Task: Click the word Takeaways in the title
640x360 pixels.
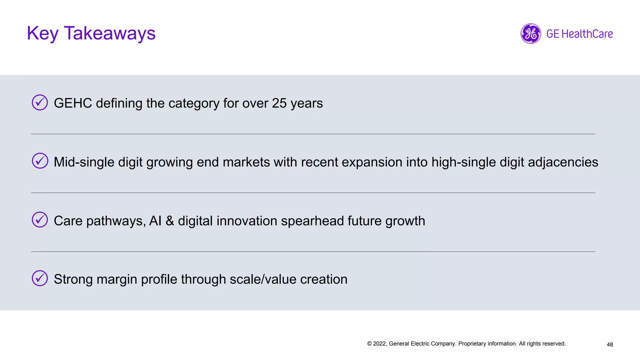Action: coord(109,33)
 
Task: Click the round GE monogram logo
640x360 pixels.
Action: coord(531,34)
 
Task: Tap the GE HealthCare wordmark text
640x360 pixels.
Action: coord(579,34)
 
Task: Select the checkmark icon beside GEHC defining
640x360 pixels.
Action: coord(40,102)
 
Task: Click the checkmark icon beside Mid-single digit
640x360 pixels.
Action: coord(40,161)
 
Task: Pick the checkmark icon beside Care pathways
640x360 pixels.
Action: coord(40,220)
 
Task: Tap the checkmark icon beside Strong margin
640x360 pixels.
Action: coord(40,278)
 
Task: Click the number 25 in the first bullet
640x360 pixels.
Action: coord(279,103)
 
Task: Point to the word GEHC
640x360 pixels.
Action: coord(73,103)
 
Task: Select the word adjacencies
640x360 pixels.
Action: coord(563,162)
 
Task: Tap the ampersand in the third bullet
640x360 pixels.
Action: coord(170,221)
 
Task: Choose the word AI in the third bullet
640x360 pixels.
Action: coord(155,221)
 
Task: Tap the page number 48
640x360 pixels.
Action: coord(610,344)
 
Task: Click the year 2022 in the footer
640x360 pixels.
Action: coord(380,344)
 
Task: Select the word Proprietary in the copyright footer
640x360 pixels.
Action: coord(472,344)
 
